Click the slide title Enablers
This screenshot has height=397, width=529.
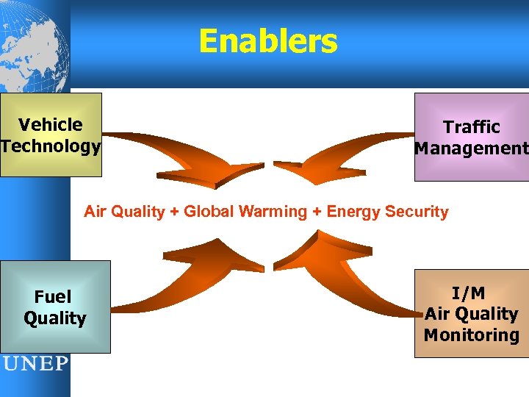[x=267, y=42]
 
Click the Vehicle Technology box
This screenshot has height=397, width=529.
[x=51, y=135]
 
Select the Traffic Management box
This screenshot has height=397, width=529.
[x=471, y=137]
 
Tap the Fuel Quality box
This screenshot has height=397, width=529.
[x=55, y=307]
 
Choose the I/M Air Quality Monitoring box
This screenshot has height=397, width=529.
[x=471, y=314]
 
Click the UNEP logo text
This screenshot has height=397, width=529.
[x=35, y=364]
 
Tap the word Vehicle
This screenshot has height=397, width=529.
[x=51, y=125]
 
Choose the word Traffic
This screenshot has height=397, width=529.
[x=471, y=127]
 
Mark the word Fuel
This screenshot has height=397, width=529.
[x=53, y=297]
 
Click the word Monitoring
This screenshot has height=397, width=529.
[x=471, y=335]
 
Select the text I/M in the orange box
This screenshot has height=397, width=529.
[x=469, y=293]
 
